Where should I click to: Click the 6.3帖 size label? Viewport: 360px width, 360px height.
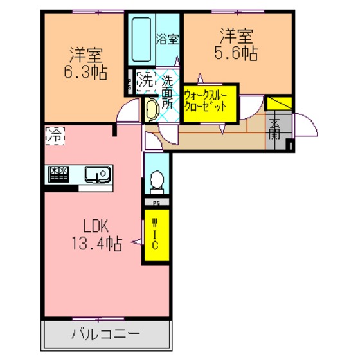pos(85,72)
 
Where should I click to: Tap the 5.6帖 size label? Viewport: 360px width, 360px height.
pos(236,53)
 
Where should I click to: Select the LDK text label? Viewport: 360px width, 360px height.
pos(96,226)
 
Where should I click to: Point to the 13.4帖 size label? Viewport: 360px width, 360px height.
pos(97,244)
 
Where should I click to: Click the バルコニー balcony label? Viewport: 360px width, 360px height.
pos(105,334)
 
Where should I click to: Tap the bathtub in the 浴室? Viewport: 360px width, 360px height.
pos(141,39)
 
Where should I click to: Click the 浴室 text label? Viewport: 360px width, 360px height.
pos(167,39)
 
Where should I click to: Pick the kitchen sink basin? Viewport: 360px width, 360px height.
pos(98,174)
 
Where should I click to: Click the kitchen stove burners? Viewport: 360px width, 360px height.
pos(59,174)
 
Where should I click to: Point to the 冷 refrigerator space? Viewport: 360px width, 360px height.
pos(55,136)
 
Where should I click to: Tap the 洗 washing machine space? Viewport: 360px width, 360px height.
pos(147,82)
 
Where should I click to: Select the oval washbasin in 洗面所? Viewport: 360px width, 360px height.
pos(152,110)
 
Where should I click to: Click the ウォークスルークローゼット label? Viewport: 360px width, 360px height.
pos(206,101)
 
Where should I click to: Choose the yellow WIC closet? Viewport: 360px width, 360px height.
pos(157,235)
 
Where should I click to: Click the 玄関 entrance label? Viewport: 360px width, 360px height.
pos(274,129)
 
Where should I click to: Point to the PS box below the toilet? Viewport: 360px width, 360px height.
pos(157,202)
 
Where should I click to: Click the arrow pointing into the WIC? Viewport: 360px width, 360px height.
pos(136,242)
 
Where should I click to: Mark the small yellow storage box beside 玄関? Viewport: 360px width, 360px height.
pos(278,104)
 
